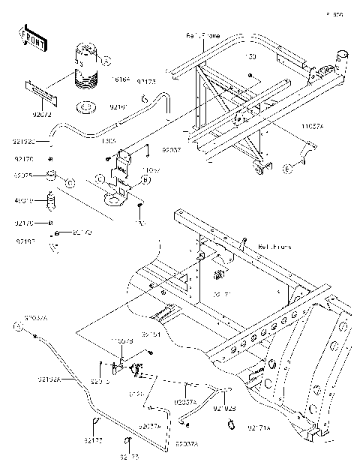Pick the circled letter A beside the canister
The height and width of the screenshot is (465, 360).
click(x=106, y=61)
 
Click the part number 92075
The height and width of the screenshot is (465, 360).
click(x=24, y=174)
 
